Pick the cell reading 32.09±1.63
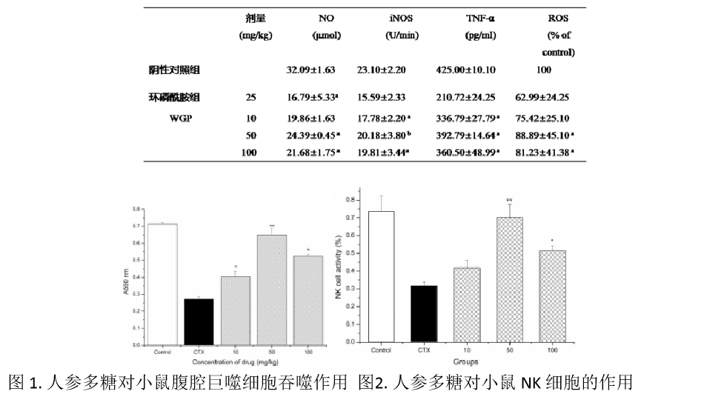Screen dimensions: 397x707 pos(311,70)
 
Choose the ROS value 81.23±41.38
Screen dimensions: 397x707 pos(545,153)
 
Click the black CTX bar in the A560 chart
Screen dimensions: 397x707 pos(199,321)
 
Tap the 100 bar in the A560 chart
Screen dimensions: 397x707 pos(308,300)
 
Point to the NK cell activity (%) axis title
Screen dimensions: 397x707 pos(340,268)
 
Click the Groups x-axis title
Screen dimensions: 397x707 pos(466,361)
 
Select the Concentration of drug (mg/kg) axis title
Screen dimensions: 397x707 pos(235,361)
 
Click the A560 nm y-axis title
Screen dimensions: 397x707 pos(127,281)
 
